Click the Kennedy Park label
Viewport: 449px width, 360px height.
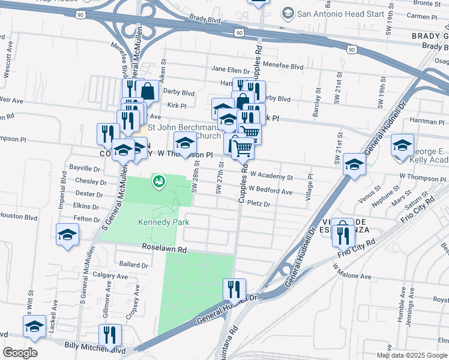coord(164,222)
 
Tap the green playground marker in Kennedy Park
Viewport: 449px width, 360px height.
coord(159,181)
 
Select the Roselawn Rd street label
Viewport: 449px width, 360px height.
coord(164,248)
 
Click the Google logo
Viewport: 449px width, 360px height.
coord(20,353)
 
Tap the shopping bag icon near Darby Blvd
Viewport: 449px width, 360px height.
coord(147,91)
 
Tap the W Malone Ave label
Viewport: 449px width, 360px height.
coord(352,276)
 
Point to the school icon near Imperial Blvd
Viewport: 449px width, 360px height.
coord(67,234)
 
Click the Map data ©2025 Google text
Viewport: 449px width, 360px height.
coord(411,355)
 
